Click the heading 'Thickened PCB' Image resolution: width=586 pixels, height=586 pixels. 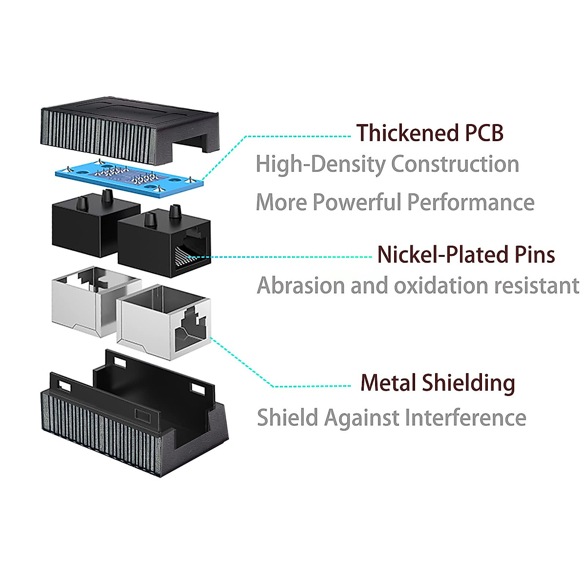tap(429, 133)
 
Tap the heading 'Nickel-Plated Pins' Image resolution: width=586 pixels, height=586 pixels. tap(466, 255)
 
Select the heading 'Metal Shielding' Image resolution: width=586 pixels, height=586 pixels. tap(438, 383)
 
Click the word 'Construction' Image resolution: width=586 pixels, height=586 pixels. tap(455, 164)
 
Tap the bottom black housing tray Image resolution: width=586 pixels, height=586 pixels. tap(132, 420)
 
